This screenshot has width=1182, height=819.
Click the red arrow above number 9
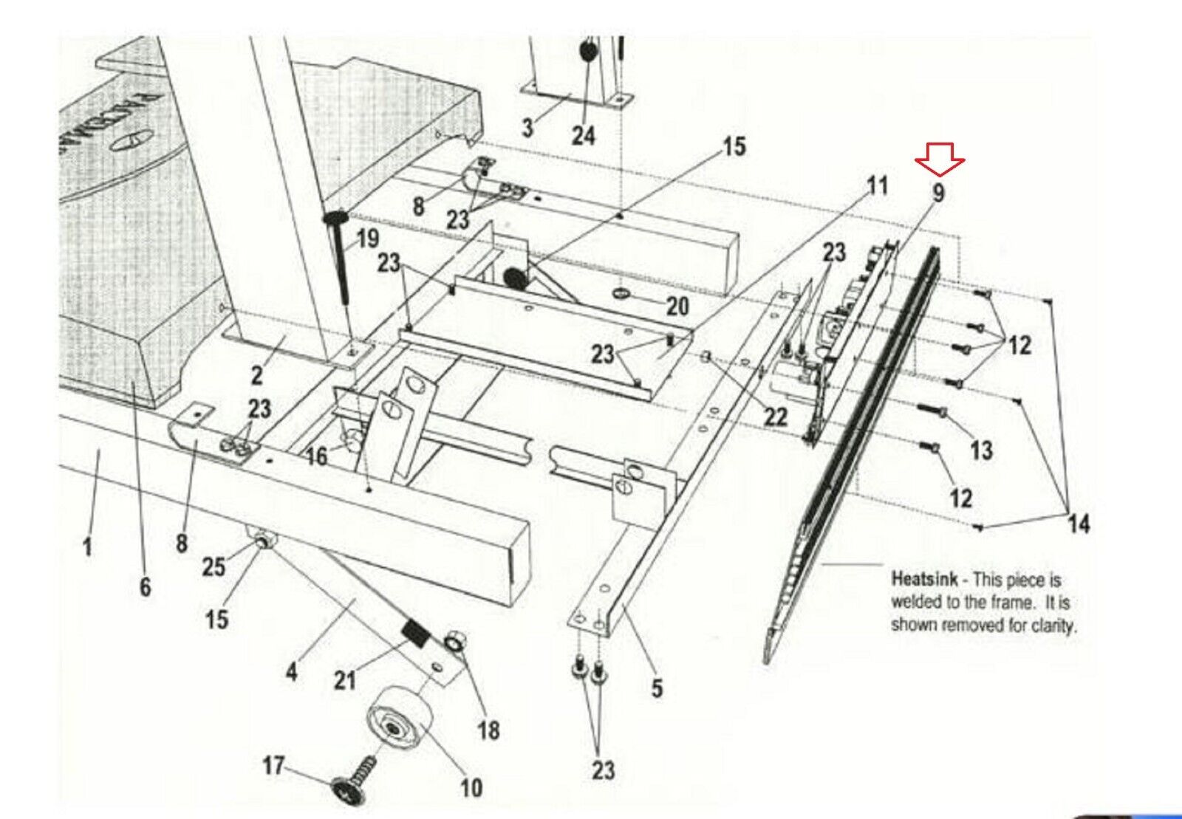click(x=940, y=158)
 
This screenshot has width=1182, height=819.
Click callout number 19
click(x=367, y=239)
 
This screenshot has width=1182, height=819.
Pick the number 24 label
click(x=583, y=135)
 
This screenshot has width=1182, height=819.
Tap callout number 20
click(x=677, y=306)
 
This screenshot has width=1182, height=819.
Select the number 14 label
click(x=1079, y=524)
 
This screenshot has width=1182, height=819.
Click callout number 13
click(x=981, y=450)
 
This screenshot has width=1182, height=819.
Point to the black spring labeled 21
click(x=417, y=634)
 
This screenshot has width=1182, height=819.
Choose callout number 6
click(x=146, y=586)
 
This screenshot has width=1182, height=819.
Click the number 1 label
click(x=88, y=546)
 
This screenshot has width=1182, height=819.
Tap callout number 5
click(x=657, y=688)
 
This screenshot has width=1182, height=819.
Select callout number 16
click(x=316, y=456)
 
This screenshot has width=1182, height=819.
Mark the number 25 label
click(x=213, y=566)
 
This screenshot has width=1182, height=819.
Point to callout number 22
click(x=776, y=417)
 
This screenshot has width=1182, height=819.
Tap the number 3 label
click(x=527, y=127)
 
